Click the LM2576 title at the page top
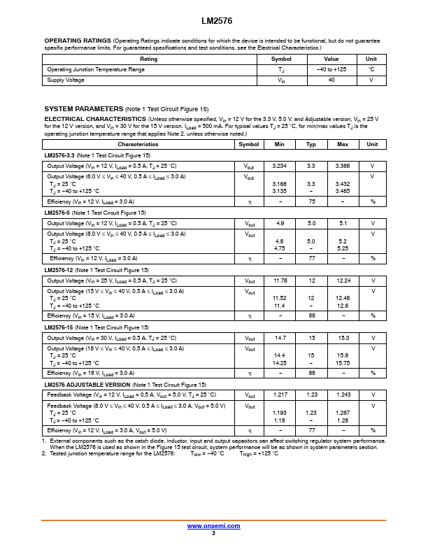pyautogui.click(x=213, y=22)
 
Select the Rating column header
pyautogui.click(x=149, y=59)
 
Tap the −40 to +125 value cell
pyautogui.click(x=331, y=70)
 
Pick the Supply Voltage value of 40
pyautogui.click(x=331, y=80)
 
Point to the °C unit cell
pyautogui.click(x=371, y=70)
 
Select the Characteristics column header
pyautogui.click(x=138, y=144)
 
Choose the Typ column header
pyautogui.click(x=311, y=144)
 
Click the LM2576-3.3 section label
pyautogui.click(x=59, y=155)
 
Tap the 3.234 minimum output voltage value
pyautogui.click(x=279, y=166)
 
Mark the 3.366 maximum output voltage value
pyautogui.click(x=343, y=166)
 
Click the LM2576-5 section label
pyautogui.click(x=56, y=213)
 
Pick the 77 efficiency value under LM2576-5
pyautogui.click(x=311, y=258)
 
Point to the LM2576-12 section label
pyautogui.click(x=57, y=270)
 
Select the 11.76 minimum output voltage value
pyautogui.click(x=279, y=280)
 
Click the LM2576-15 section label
pyautogui.click(x=57, y=327)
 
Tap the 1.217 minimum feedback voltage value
pyautogui.click(x=279, y=395)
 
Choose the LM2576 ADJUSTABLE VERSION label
pyautogui.click(x=87, y=385)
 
